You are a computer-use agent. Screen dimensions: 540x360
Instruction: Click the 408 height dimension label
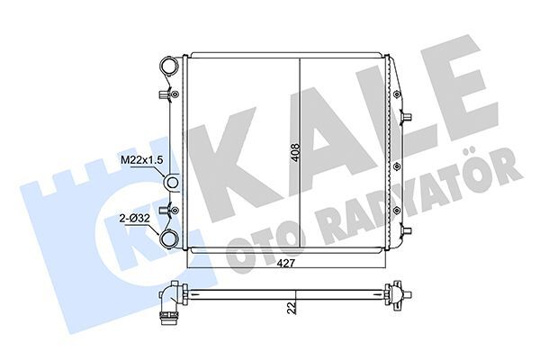click(295, 153)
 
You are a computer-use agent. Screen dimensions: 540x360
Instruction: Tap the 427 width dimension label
click(286, 264)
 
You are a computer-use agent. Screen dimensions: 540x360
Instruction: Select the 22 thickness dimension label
click(292, 308)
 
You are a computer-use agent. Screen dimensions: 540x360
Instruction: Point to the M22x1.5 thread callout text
click(141, 160)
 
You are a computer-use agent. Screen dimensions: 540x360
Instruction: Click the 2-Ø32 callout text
click(134, 218)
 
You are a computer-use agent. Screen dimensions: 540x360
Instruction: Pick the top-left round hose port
click(169, 66)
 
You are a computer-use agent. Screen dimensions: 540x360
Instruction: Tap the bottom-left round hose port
click(169, 238)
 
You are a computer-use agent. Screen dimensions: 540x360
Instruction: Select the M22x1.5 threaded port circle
click(171, 182)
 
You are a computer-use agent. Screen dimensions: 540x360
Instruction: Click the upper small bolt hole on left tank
click(175, 94)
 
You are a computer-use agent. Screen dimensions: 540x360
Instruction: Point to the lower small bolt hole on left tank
click(175, 210)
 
